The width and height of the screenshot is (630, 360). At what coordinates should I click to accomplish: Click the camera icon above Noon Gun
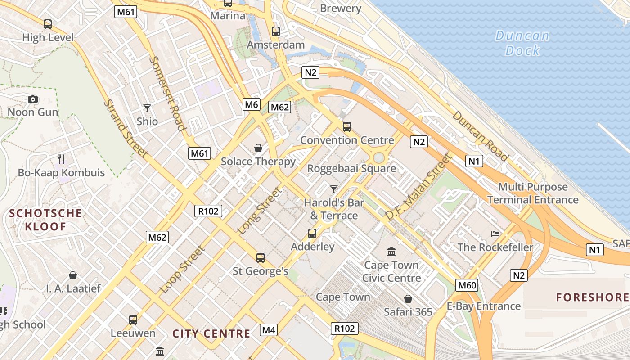(x=33, y=99)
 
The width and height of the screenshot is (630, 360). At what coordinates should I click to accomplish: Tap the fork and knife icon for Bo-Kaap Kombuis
(x=61, y=159)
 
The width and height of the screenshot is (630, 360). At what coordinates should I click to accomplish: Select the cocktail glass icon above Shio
(x=147, y=108)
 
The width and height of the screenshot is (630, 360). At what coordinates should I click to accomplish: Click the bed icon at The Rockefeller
(x=495, y=234)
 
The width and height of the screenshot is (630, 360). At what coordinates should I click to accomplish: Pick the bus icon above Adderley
(x=312, y=233)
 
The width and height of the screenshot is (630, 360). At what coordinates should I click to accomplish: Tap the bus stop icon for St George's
(x=260, y=257)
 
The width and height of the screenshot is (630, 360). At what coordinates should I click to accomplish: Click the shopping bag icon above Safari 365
(x=408, y=299)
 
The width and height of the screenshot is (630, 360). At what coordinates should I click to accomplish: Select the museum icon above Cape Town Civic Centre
(x=391, y=252)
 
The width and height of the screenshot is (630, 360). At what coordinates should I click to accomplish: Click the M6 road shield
(x=251, y=104)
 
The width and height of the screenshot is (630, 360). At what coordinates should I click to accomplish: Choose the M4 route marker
(x=269, y=330)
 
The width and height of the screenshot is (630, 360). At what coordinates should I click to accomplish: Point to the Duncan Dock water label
(x=522, y=43)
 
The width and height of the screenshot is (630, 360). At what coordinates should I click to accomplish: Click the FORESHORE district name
(x=592, y=297)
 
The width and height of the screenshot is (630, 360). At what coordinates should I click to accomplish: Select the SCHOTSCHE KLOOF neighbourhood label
(x=46, y=220)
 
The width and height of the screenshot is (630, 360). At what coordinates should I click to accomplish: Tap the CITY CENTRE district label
(x=211, y=333)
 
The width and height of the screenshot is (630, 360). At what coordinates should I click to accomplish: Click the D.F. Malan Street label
(x=417, y=187)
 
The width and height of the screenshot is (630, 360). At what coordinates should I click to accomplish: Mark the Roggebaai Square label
(x=351, y=169)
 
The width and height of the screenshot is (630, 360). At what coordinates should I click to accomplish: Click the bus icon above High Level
(x=48, y=24)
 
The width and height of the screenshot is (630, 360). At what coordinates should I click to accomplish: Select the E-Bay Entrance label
(x=483, y=306)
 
